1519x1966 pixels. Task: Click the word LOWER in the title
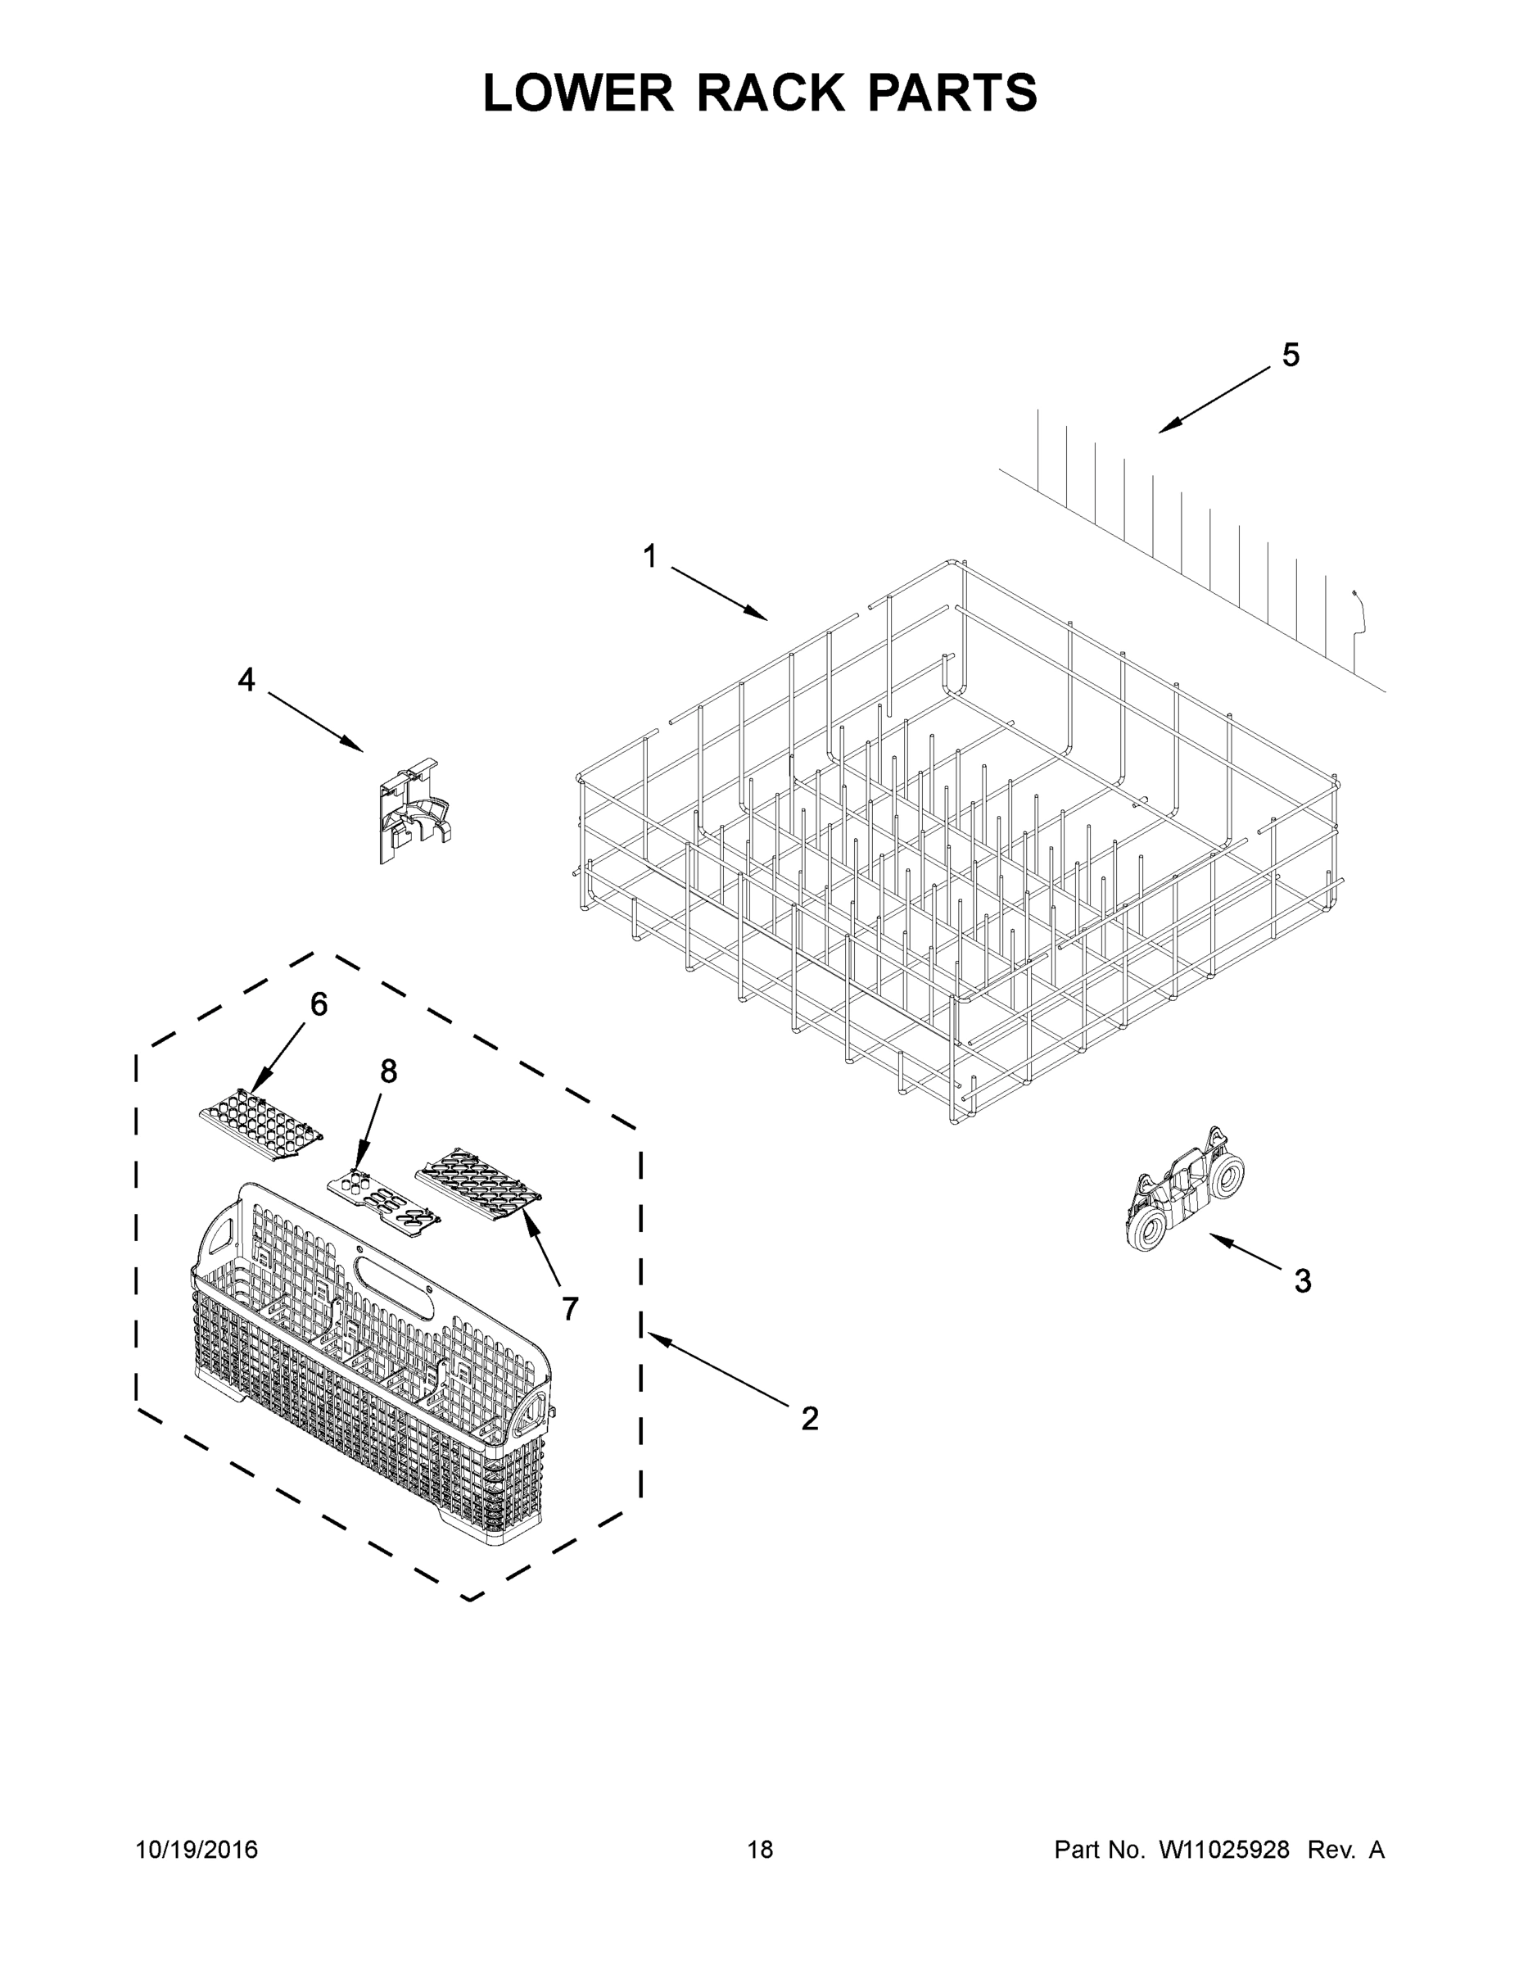(x=578, y=93)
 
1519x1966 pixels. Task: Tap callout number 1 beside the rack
(x=649, y=556)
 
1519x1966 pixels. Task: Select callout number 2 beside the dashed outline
(x=810, y=1419)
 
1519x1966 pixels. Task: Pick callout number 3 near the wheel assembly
(x=1302, y=1281)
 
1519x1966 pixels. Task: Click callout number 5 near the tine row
(x=1291, y=356)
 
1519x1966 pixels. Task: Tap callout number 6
(x=319, y=1004)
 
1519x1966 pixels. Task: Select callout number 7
(x=571, y=1310)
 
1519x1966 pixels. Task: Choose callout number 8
(x=389, y=1071)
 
